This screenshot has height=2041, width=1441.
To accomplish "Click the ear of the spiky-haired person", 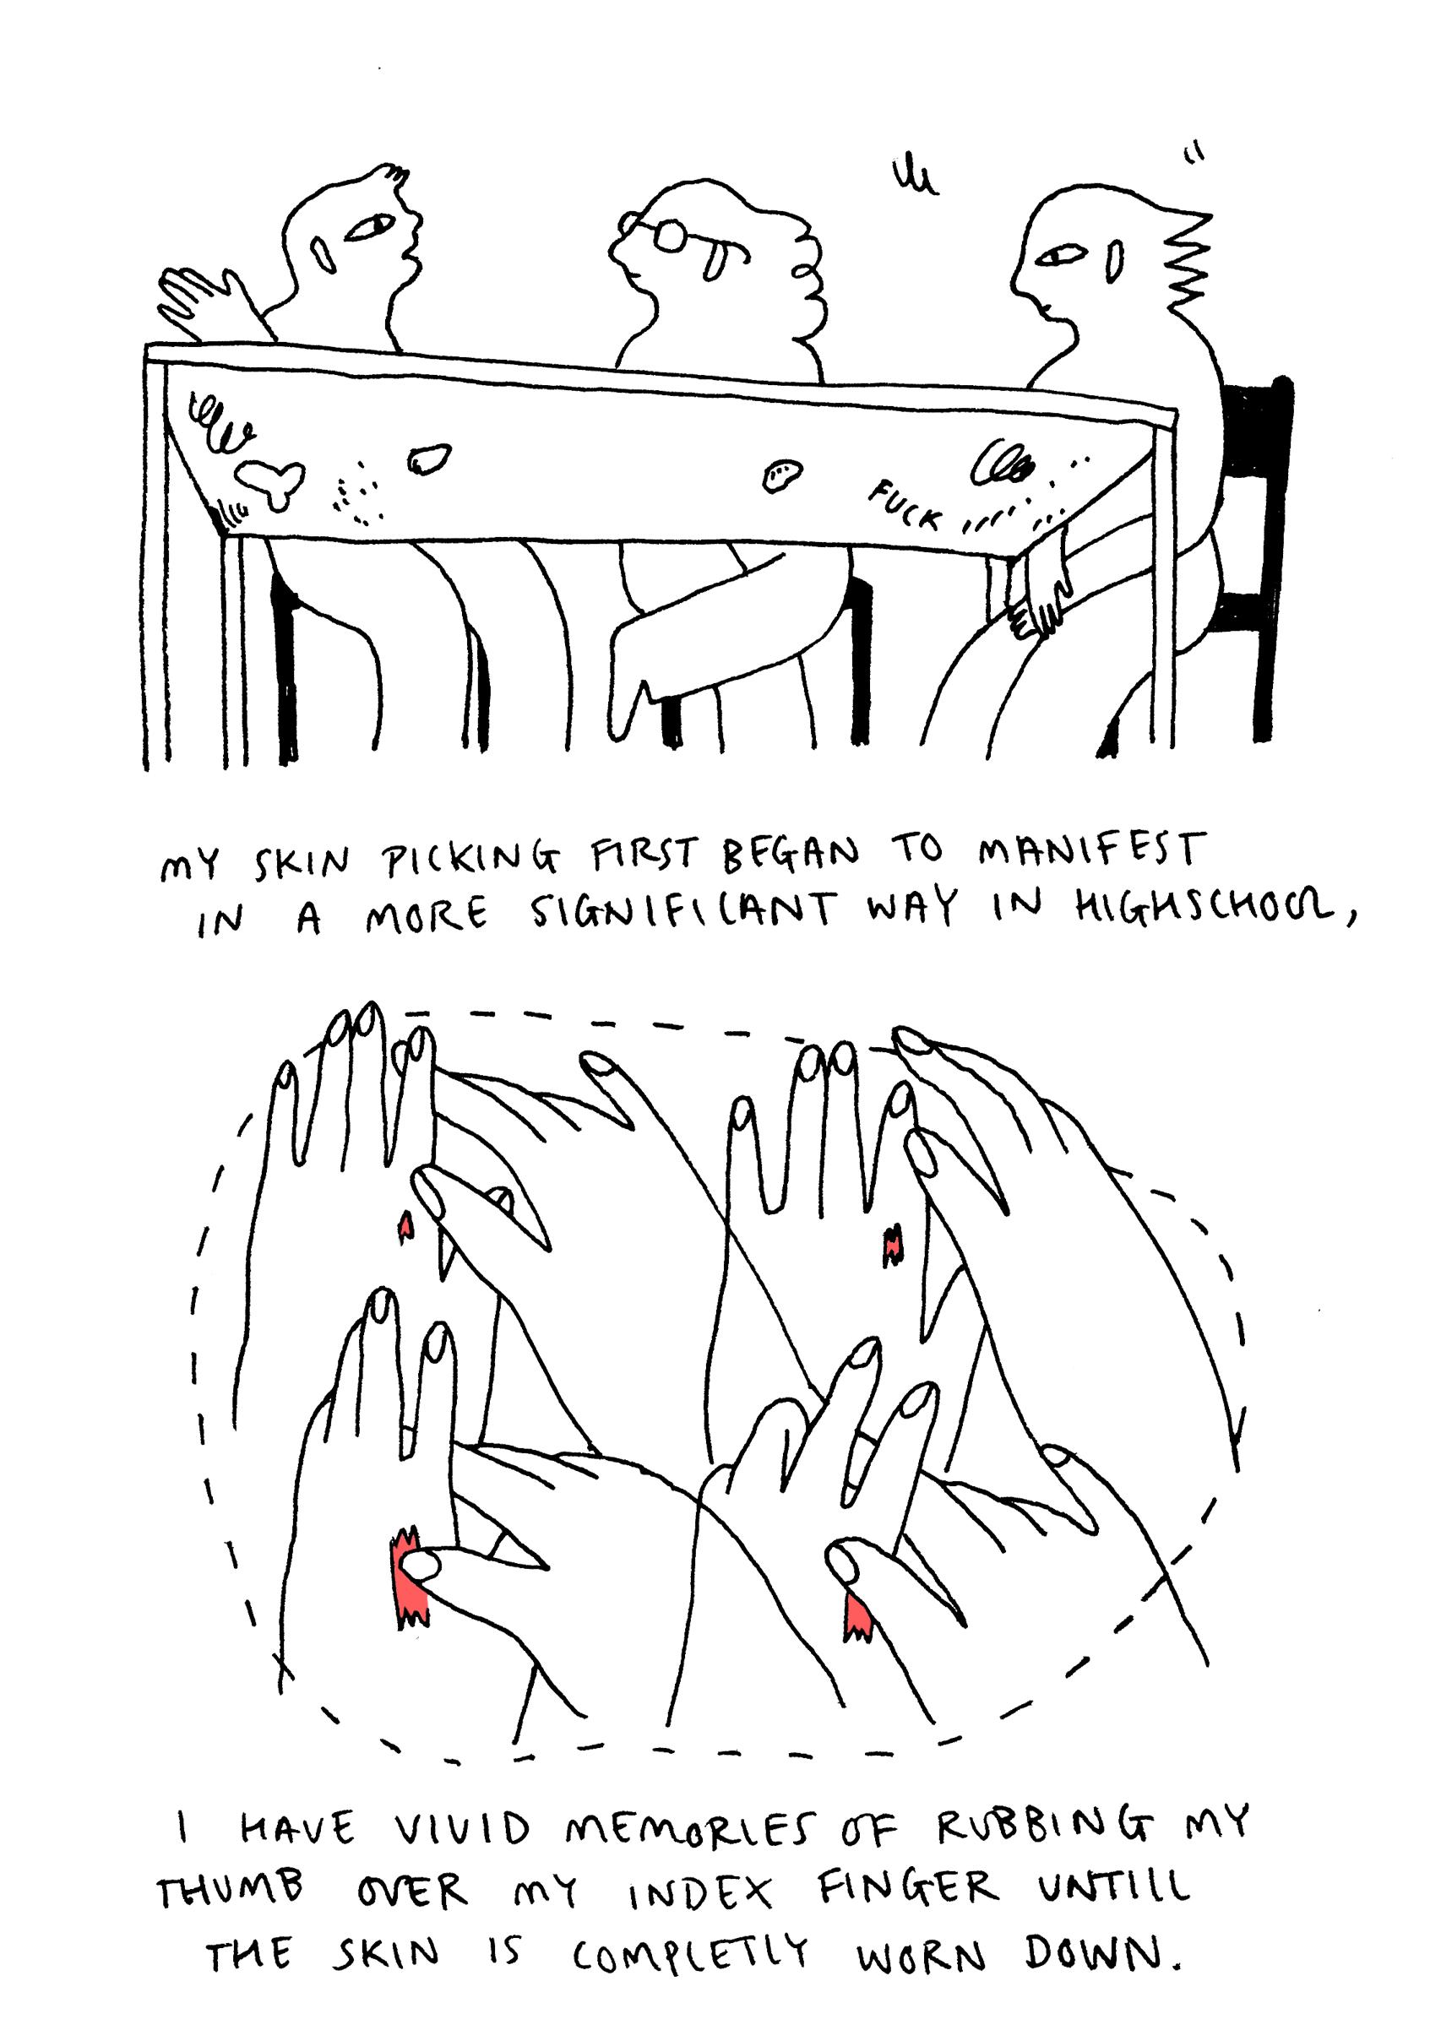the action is (x=1113, y=263).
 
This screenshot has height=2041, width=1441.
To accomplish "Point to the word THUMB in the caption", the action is (x=231, y=1888).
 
